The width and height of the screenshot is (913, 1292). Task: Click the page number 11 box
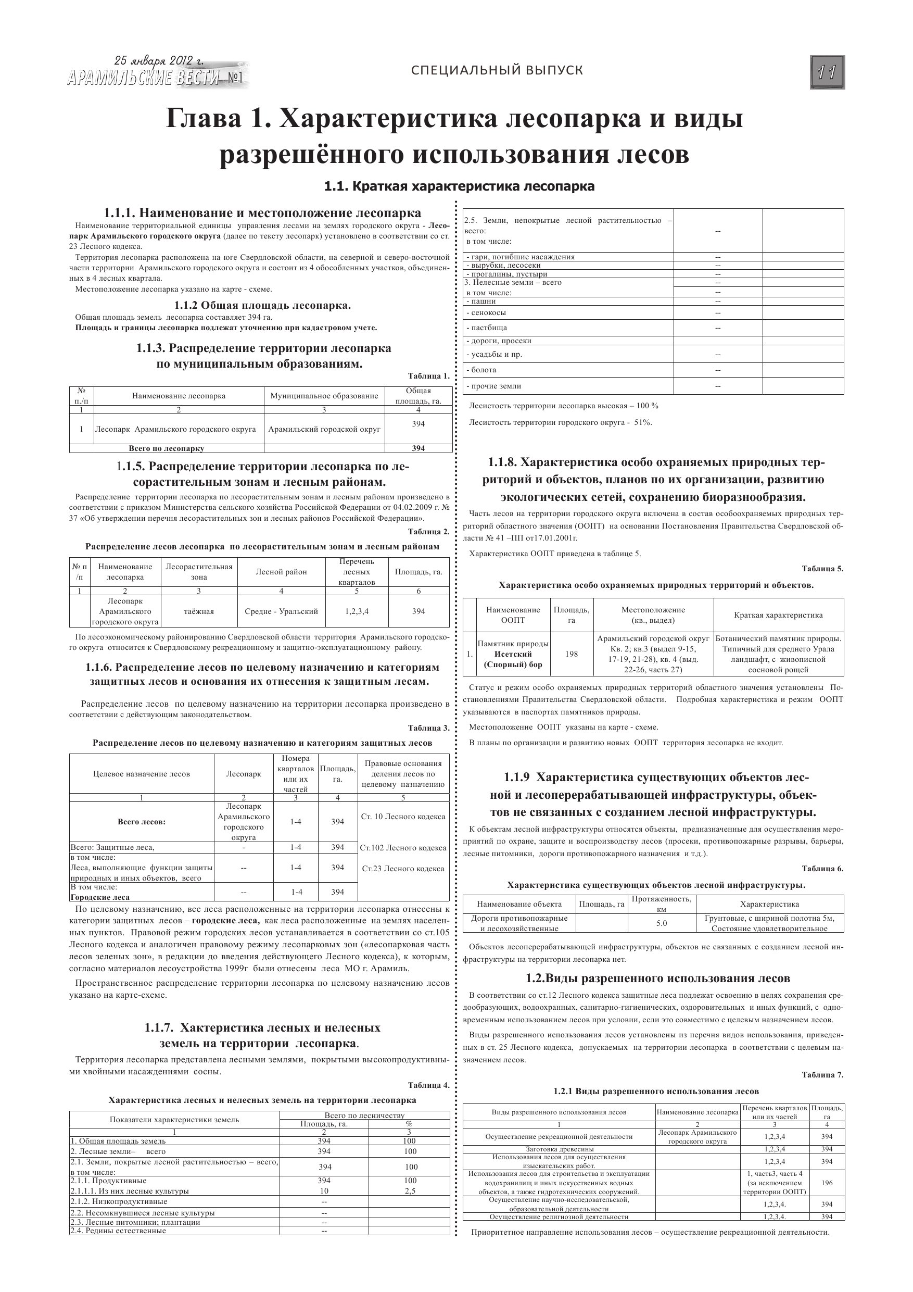pyautogui.click(x=827, y=72)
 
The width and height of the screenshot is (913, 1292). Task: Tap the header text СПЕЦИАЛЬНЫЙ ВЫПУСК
pyautogui.click(x=497, y=70)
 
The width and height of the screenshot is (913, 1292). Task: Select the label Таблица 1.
pyautogui.click(x=429, y=376)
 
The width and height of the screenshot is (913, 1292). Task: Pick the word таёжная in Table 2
pyautogui.click(x=198, y=611)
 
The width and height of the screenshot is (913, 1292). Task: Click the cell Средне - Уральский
pyautogui.click(x=281, y=611)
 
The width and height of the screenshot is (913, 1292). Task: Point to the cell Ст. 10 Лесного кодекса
pyautogui.click(x=403, y=817)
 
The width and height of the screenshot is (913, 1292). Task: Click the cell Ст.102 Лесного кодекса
pyautogui.click(x=403, y=848)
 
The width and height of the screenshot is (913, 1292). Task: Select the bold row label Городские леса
pyautogui.click(x=99, y=898)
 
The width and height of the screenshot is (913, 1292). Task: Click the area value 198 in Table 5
pyautogui.click(x=572, y=654)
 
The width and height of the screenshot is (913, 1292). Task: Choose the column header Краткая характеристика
pyautogui.click(x=778, y=615)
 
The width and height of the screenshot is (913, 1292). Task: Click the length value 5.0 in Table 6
pyautogui.click(x=662, y=923)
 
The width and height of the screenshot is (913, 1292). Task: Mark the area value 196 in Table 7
pyautogui.click(x=827, y=1183)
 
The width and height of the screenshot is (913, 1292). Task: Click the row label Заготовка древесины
pyautogui.click(x=559, y=1149)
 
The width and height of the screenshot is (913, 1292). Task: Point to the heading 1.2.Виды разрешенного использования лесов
pyautogui.click(x=657, y=978)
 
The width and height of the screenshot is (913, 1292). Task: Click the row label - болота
pyautogui.click(x=481, y=370)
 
